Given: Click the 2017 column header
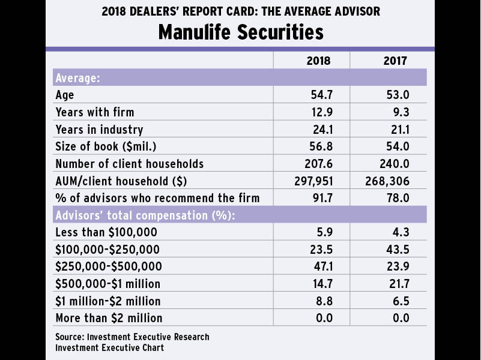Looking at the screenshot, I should [395, 61].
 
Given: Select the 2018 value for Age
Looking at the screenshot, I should [321, 95].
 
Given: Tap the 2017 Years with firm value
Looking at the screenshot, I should [399, 112].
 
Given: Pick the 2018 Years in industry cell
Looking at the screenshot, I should [321, 129].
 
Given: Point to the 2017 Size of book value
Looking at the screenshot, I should [397, 146].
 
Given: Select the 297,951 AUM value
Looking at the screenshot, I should [312, 181].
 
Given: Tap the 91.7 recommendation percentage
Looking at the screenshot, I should [321, 198].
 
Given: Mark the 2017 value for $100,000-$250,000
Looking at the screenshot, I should [397, 249].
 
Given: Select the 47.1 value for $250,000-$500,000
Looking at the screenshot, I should [321, 266].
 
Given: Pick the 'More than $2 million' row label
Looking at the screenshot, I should [109, 318].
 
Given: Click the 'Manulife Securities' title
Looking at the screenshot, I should [240, 31].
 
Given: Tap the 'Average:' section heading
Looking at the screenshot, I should [77, 78].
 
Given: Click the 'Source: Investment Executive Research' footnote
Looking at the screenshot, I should [132, 337].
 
